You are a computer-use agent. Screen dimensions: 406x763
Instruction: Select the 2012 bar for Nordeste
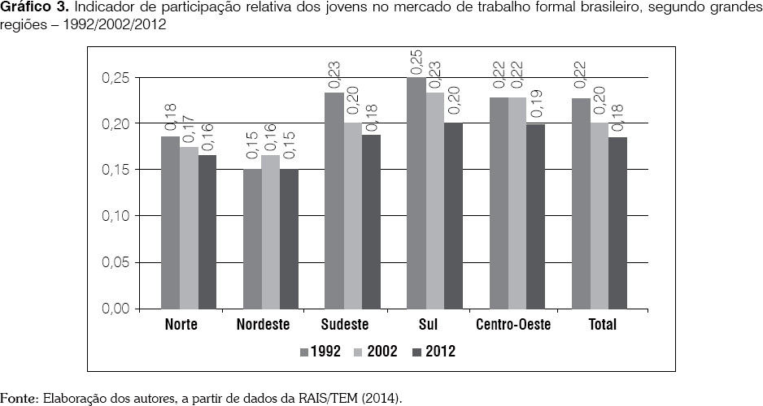click(x=290, y=240)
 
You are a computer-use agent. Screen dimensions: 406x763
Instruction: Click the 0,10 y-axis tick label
click(x=116, y=217)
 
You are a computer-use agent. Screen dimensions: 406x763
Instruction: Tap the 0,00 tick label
click(x=116, y=309)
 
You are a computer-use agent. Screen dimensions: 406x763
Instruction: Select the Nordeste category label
click(x=264, y=325)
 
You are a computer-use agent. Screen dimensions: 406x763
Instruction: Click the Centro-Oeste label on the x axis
click(x=513, y=325)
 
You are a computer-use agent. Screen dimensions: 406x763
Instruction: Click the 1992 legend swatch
click(x=304, y=352)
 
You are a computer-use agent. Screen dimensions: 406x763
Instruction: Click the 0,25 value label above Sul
click(x=416, y=60)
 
